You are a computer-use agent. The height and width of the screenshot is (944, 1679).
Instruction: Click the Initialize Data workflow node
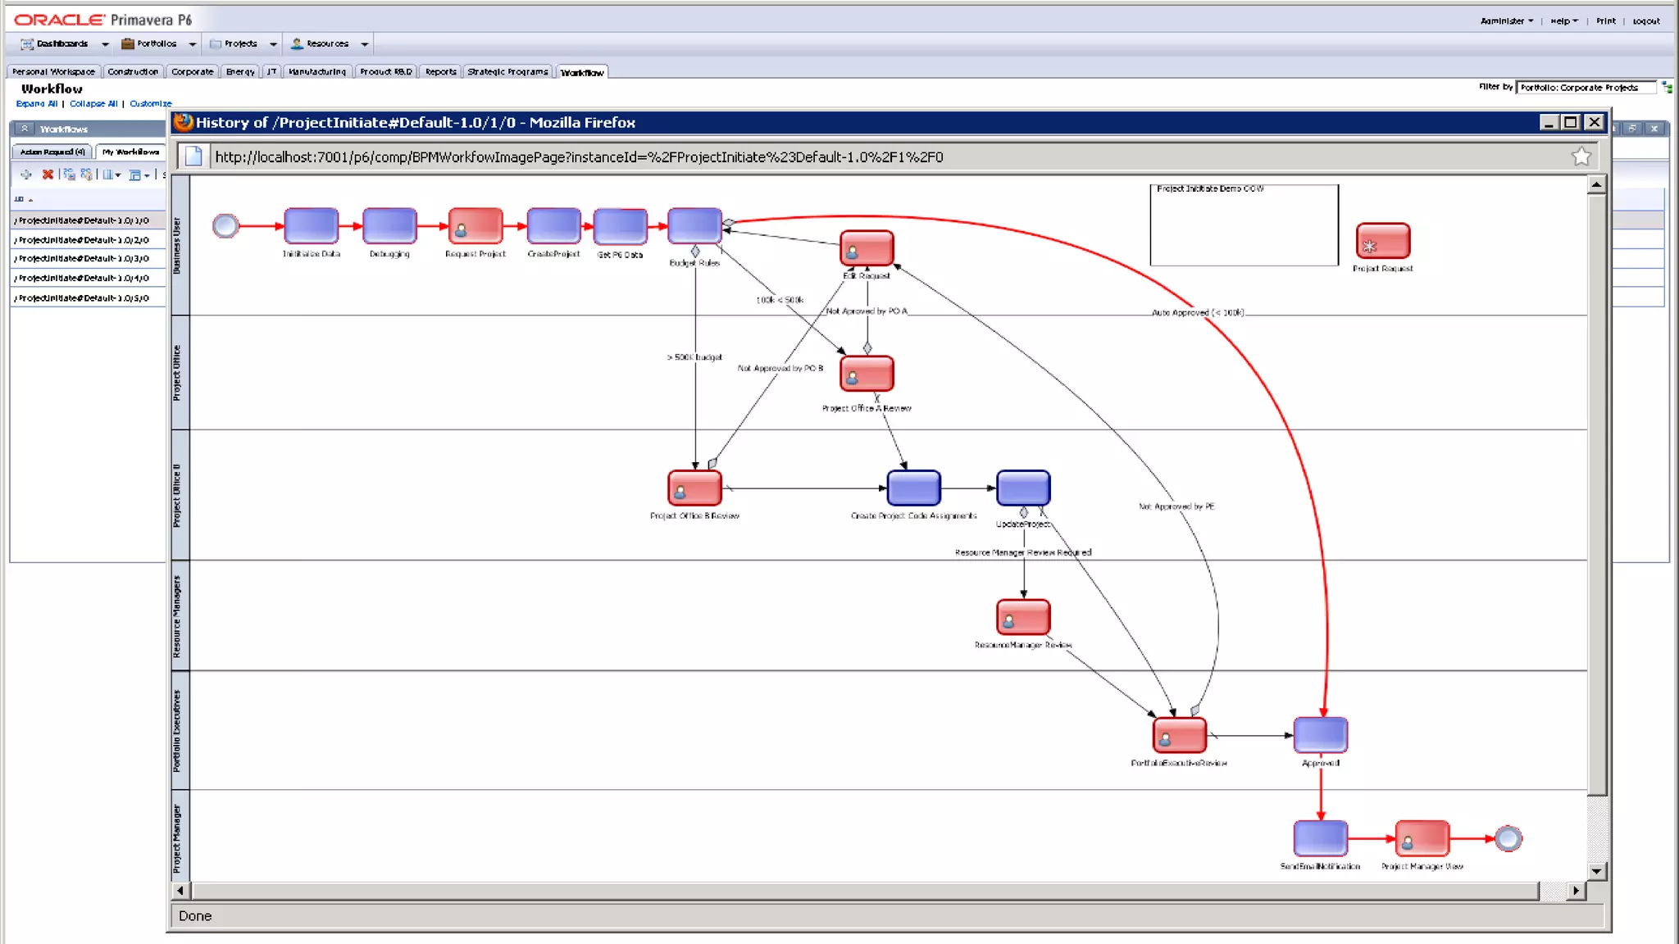(311, 225)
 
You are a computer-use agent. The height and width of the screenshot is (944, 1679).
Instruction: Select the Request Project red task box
(475, 225)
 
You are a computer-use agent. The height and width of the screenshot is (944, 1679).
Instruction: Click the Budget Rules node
(694, 225)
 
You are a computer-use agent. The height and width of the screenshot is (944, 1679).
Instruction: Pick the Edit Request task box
(867, 247)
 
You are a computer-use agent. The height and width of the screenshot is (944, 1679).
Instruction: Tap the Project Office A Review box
(867, 374)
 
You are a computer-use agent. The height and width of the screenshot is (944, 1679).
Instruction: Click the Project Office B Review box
(694, 488)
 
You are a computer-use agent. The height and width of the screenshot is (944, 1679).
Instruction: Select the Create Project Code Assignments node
(913, 488)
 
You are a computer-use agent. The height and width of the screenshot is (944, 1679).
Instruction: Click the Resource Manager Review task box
(1023, 617)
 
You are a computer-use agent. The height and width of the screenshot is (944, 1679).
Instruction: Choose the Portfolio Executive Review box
(1179, 735)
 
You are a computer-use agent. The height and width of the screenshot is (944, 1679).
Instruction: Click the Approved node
(1320, 735)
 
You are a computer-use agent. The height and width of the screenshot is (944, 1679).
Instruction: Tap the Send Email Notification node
(1320, 838)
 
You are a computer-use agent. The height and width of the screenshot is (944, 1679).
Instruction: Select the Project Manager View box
(1422, 838)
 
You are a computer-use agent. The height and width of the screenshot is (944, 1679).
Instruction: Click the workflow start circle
(225, 225)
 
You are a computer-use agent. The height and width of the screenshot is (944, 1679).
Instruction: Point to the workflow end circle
(1508, 838)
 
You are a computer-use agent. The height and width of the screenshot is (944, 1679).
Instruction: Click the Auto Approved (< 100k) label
(1197, 312)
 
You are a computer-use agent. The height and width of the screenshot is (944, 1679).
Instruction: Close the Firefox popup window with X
(1594, 122)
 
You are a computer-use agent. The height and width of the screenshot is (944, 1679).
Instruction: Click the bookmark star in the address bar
(1581, 157)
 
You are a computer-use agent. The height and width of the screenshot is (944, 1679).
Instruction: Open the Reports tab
(440, 72)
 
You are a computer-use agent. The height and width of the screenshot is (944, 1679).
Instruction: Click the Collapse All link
(93, 104)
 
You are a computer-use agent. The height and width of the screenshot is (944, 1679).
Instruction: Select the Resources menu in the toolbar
(327, 44)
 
